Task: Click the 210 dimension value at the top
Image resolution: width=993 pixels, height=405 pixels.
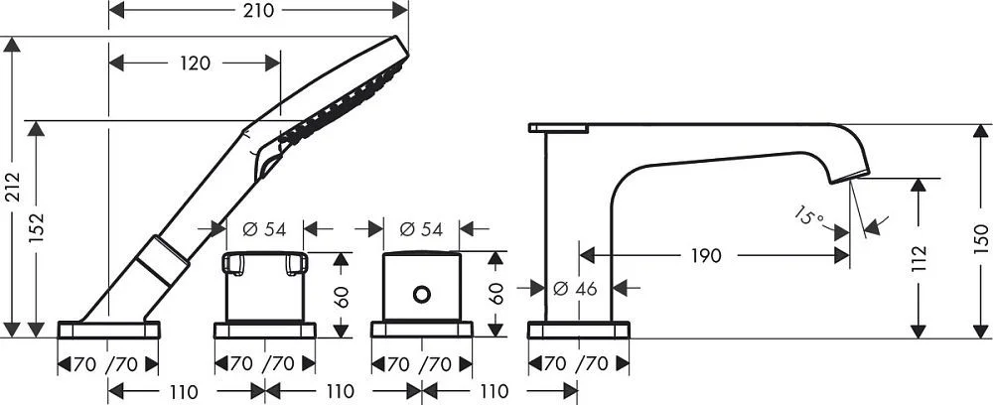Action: coord(259,10)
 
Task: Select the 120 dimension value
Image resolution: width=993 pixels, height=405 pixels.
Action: coord(195,64)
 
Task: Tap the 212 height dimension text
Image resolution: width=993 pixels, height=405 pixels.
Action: coord(13,188)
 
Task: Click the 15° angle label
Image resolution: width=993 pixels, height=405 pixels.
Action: coord(810,216)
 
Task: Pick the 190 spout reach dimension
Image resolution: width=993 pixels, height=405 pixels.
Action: coord(705,256)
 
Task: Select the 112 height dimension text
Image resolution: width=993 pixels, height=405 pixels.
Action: coord(919,258)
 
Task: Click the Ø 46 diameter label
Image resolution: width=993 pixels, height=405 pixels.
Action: coord(575,289)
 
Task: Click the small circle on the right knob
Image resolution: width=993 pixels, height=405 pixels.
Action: coord(421,294)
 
